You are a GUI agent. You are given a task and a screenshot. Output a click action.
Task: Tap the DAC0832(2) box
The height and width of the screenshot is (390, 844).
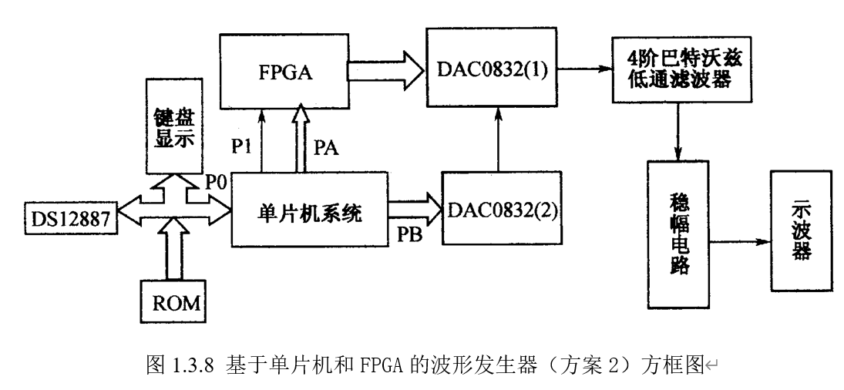pos(502,208)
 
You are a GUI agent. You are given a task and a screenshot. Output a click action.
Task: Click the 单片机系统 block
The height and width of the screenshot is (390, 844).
pos(308,209)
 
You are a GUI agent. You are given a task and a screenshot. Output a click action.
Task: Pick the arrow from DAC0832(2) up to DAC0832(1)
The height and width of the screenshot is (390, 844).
pos(502,139)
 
